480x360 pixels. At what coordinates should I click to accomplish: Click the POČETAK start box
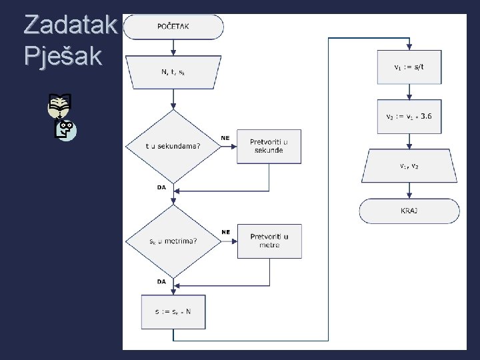173,27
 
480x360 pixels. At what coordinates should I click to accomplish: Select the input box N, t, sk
173,71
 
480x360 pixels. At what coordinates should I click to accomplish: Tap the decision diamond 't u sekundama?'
173,146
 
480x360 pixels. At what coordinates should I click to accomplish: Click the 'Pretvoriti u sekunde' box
269,146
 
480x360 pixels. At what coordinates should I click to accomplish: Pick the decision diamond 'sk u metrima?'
173,241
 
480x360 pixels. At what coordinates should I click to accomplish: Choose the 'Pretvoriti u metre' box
269,241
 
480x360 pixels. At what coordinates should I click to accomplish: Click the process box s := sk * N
173,310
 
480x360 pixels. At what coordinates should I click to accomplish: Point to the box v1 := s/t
409,67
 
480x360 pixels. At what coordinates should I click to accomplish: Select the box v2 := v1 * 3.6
409,116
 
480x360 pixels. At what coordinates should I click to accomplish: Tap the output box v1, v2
409,166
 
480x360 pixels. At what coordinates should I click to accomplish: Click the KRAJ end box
409,211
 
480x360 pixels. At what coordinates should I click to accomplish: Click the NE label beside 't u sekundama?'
225,139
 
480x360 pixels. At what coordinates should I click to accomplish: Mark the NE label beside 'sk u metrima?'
225,232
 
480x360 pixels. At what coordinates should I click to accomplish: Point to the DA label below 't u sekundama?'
161,187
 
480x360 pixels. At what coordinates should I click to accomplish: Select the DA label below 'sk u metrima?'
161,281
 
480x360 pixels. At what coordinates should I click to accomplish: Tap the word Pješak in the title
63,55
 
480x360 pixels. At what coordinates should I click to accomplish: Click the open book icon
59,103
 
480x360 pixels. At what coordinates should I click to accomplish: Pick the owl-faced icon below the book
65,129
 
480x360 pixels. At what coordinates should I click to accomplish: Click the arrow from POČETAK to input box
173,47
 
